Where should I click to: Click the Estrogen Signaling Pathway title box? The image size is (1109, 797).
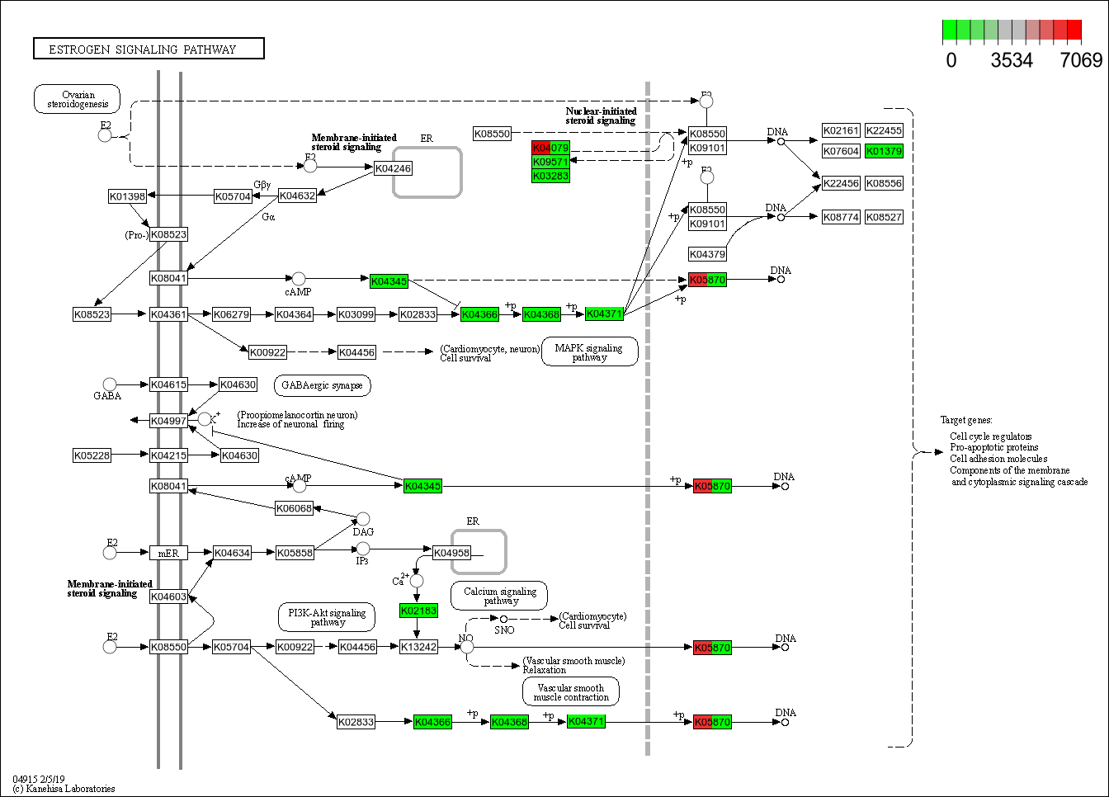click(149, 49)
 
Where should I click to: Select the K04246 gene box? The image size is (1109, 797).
click(393, 168)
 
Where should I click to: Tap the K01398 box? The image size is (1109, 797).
click(127, 196)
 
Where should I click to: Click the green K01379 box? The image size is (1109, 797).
click(884, 151)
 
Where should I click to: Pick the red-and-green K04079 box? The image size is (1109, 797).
click(550, 148)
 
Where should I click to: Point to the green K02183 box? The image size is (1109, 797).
click(418, 611)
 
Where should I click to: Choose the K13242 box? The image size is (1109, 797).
click(418, 647)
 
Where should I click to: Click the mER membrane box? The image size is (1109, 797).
click(168, 553)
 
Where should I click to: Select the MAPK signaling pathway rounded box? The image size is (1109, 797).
click(589, 352)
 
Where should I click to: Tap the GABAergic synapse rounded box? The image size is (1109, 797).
click(322, 385)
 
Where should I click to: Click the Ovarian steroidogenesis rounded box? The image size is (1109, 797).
click(78, 99)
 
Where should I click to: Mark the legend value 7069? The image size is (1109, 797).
click(1081, 60)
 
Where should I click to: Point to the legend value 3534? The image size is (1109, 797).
click(1012, 60)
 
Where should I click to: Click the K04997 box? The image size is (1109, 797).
click(168, 421)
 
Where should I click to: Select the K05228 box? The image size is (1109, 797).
click(92, 455)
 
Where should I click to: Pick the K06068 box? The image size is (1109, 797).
click(294, 508)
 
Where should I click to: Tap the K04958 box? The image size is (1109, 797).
click(451, 553)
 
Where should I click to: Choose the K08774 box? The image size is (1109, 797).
click(841, 217)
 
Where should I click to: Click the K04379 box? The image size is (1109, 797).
click(707, 254)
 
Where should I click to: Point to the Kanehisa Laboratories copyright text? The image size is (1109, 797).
click(64, 789)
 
